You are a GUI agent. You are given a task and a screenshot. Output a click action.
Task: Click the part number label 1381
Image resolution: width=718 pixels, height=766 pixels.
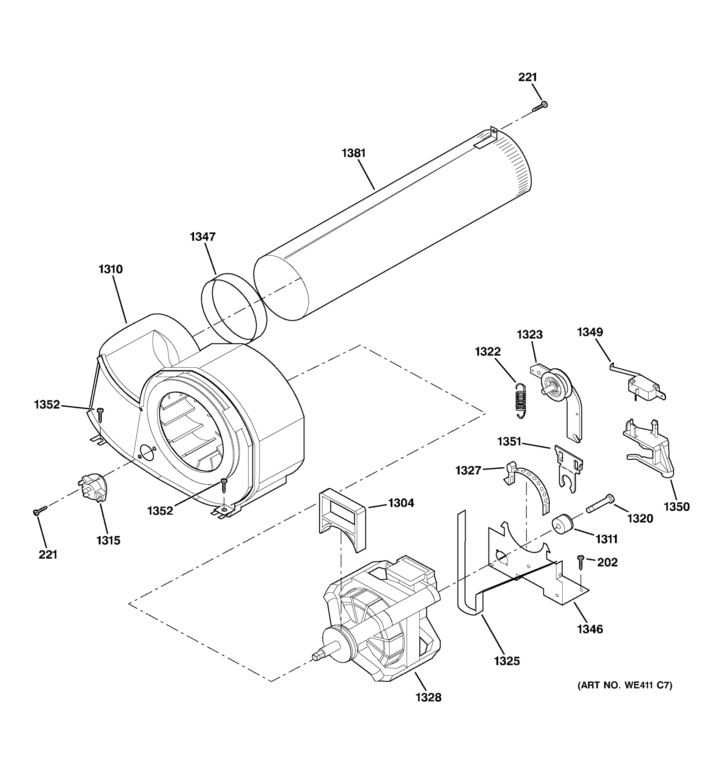353,153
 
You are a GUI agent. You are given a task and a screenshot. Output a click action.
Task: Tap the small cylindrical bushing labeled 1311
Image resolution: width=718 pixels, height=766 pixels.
562,525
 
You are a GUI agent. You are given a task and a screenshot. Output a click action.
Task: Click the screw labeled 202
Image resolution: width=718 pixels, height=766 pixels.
580,562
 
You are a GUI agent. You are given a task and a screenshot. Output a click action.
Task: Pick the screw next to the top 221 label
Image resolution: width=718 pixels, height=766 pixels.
540,107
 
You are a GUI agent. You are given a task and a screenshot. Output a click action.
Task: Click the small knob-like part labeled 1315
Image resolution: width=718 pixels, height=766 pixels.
93,489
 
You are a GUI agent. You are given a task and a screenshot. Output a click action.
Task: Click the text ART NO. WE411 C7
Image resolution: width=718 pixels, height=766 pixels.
625,685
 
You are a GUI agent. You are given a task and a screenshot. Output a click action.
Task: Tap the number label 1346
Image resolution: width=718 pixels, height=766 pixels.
590,629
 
